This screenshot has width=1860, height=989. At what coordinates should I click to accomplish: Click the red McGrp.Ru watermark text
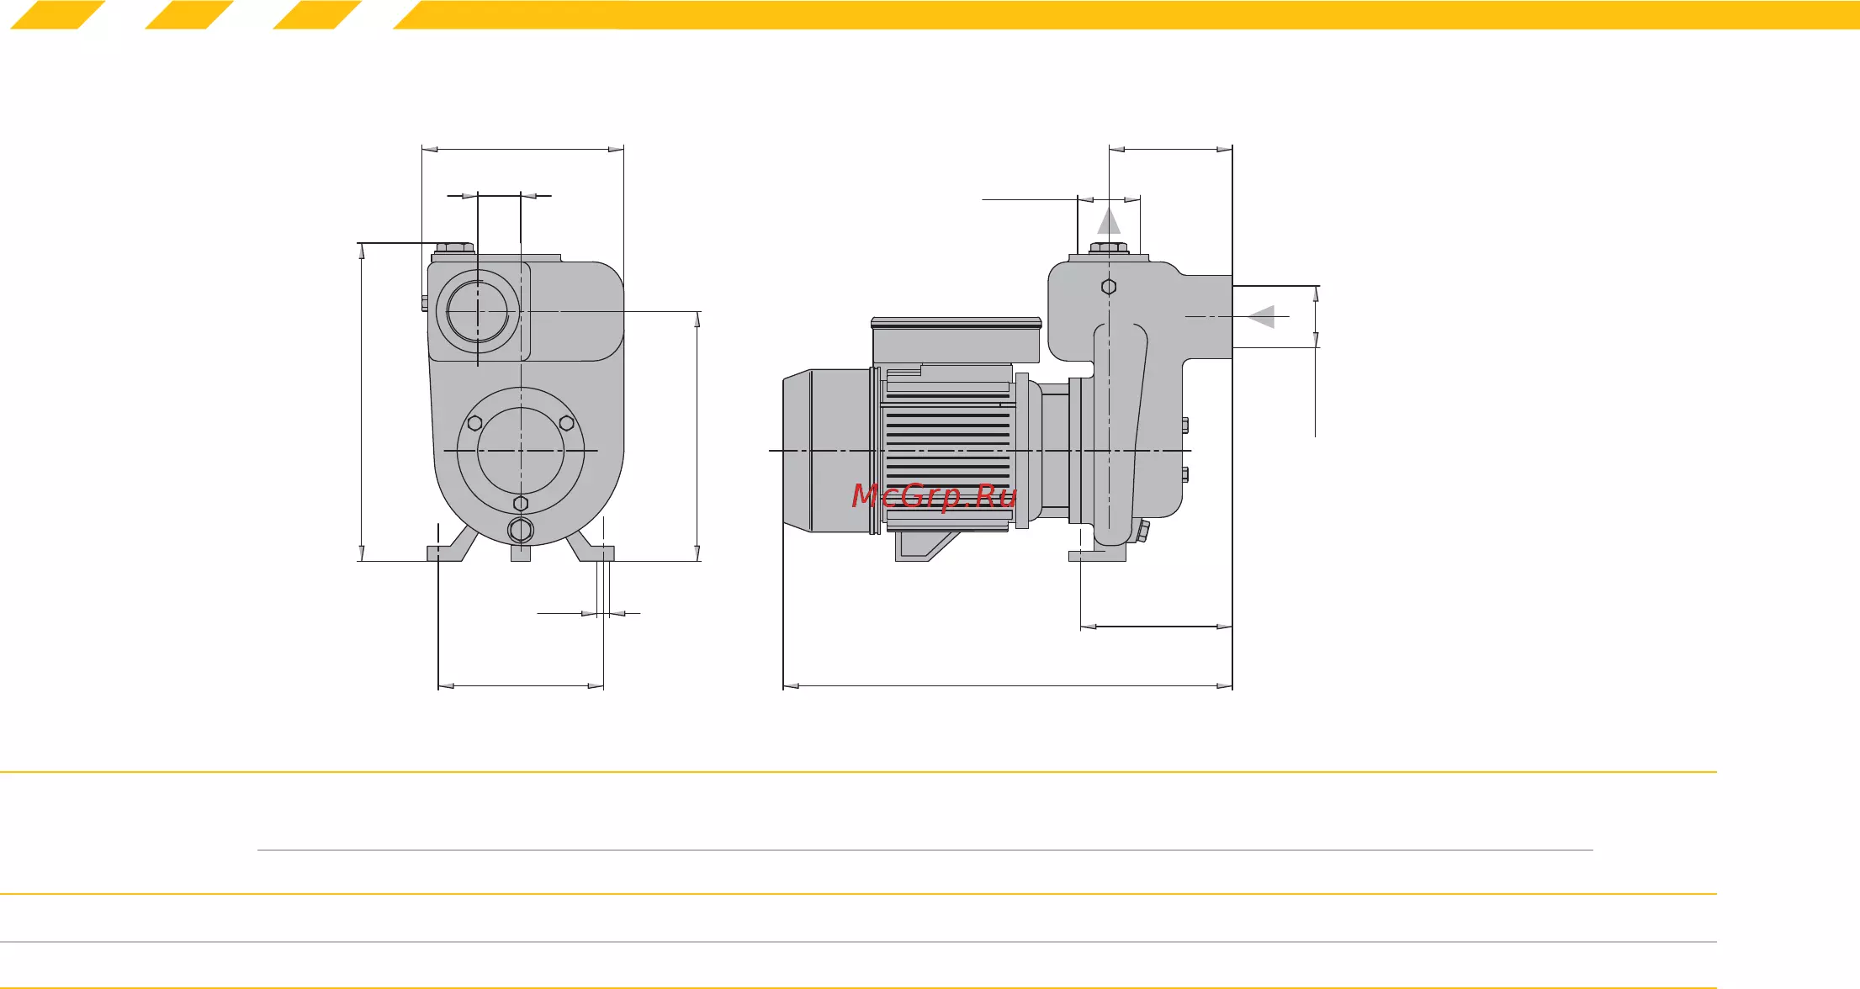(x=934, y=496)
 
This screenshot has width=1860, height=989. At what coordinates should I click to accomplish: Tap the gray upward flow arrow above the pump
(x=1109, y=220)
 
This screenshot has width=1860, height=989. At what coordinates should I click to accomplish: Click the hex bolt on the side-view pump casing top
(x=1109, y=287)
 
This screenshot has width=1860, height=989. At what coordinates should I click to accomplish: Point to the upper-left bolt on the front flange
(x=474, y=422)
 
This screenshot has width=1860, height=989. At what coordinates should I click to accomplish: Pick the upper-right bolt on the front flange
(x=567, y=422)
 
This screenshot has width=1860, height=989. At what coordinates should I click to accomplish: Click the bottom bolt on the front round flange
(x=521, y=504)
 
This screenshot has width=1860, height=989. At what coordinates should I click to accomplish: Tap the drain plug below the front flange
(x=521, y=531)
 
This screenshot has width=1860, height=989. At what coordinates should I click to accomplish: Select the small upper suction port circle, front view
(x=478, y=312)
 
